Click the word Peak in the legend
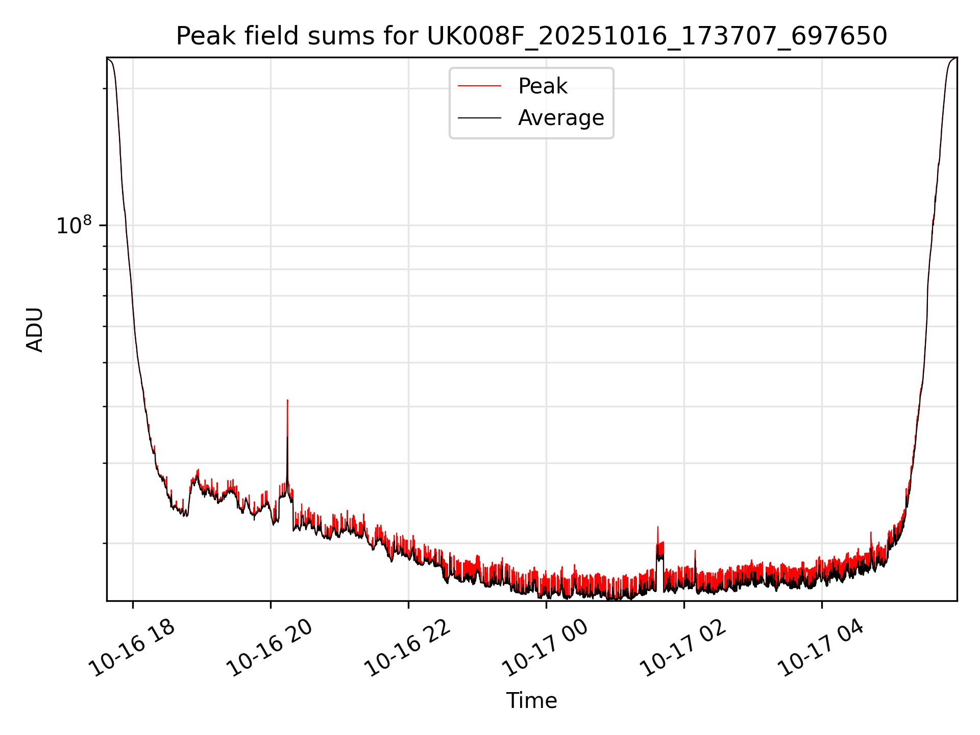pos(542,86)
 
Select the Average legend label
pos(560,118)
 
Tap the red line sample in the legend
pos(479,86)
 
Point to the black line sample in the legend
pos(479,118)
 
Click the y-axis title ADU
pos(35,330)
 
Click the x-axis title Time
pos(531,701)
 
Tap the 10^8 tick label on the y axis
pos(73,225)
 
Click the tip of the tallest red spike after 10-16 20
pos(287,400)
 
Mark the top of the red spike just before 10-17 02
pos(657,527)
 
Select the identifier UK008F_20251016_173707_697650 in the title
pos(657,36)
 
